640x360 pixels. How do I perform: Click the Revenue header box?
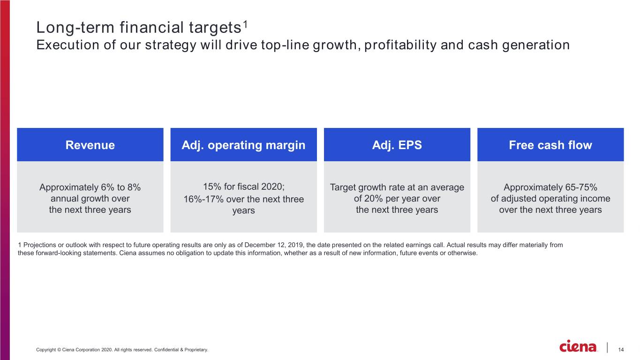90,144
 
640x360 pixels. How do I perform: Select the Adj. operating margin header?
243,144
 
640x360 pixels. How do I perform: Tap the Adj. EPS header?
397,144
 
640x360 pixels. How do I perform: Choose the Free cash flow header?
550,144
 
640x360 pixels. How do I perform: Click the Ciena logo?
578,346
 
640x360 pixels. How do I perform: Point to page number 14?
621,349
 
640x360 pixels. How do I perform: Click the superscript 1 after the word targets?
245,24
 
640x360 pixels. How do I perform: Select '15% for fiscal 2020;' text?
244,187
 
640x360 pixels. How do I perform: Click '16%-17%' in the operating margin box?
203,199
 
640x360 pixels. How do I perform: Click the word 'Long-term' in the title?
75,28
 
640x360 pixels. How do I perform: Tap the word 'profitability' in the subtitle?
400,45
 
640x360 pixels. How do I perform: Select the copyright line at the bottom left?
122,350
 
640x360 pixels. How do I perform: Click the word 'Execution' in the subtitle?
68,45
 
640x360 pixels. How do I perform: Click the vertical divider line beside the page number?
607,347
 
